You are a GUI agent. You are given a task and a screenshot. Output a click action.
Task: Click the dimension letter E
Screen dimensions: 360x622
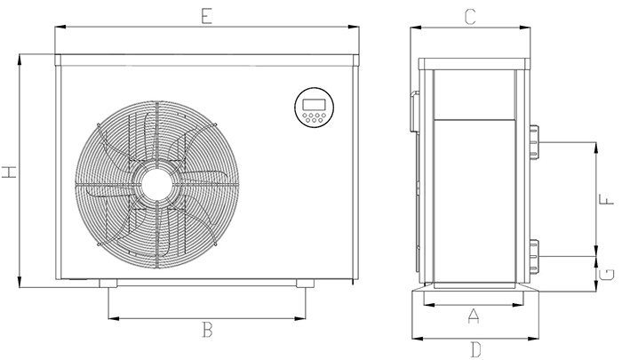206,14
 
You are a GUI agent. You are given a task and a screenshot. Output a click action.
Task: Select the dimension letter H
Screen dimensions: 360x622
10,171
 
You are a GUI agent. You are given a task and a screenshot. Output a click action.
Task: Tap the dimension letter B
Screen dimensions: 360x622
206,331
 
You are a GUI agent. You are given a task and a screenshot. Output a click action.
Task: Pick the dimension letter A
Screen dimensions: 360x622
473,315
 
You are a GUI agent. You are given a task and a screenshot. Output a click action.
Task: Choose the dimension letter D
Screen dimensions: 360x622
474,348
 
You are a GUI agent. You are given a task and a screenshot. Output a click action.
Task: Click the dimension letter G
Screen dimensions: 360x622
606,273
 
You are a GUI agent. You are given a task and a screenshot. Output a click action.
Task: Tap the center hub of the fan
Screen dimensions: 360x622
157,183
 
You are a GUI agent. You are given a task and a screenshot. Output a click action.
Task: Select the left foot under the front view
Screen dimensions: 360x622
108,284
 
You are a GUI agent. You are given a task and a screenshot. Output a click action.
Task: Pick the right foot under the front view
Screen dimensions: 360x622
305,284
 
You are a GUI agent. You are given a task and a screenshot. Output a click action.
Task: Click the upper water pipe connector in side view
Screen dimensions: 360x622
533,142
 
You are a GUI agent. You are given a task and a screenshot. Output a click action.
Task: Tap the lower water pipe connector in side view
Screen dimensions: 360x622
533,254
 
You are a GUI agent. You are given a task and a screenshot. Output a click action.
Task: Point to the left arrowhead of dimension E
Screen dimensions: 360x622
59,28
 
